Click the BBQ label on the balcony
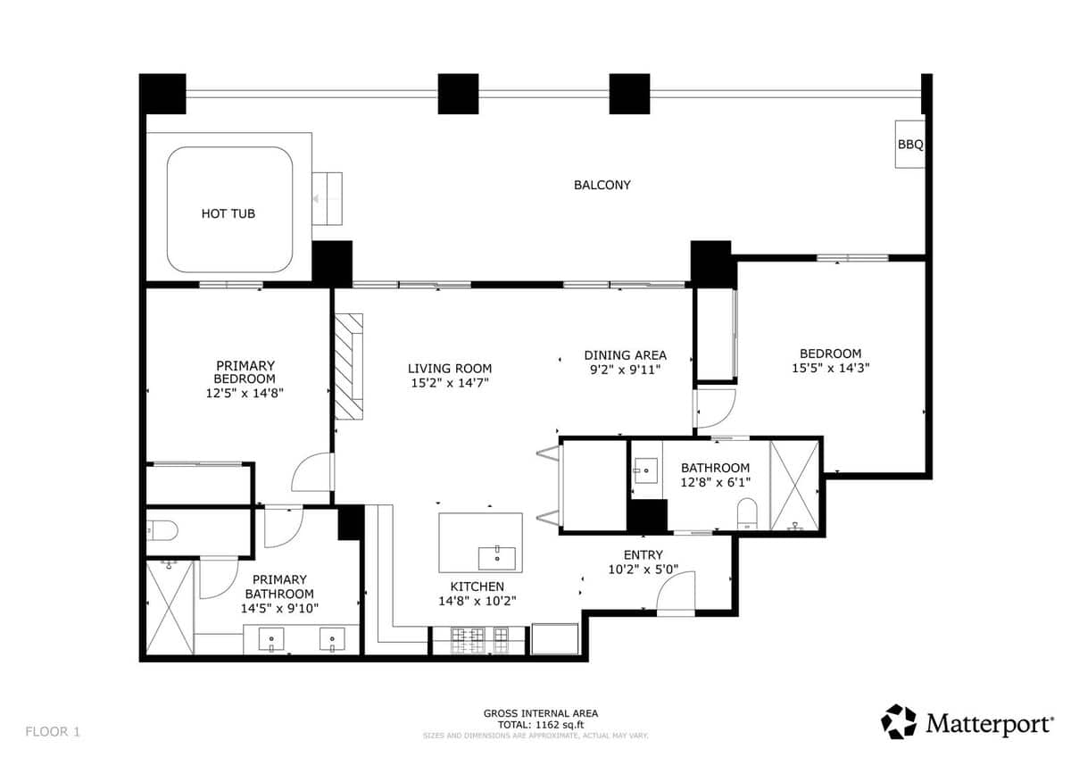(910, 145)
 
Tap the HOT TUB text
(228, 213)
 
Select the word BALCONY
(602, 185)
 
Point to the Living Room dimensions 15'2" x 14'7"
(450, 383)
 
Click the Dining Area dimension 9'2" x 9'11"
(626, 370)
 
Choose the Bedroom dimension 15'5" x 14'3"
(831, 368)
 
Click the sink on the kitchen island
(497, 559)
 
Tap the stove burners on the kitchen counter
(479, 640)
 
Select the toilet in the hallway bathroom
(747, 513)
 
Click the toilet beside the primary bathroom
(162, 530)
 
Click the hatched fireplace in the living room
(349, 366)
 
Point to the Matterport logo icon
(899, 721)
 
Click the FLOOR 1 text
(53, 732)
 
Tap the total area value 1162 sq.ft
(560, 725)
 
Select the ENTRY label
(643, 554)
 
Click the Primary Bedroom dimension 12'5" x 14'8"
(245, 393)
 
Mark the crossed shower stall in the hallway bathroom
(794, 486)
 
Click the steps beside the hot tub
(328, 198)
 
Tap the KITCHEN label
(477, 586)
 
